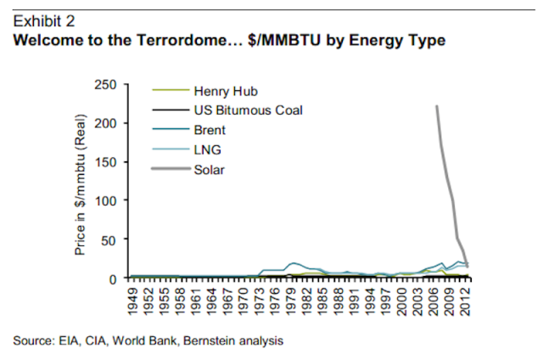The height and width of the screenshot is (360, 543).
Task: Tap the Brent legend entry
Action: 209,130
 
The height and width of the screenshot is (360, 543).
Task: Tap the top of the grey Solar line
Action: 437,106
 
